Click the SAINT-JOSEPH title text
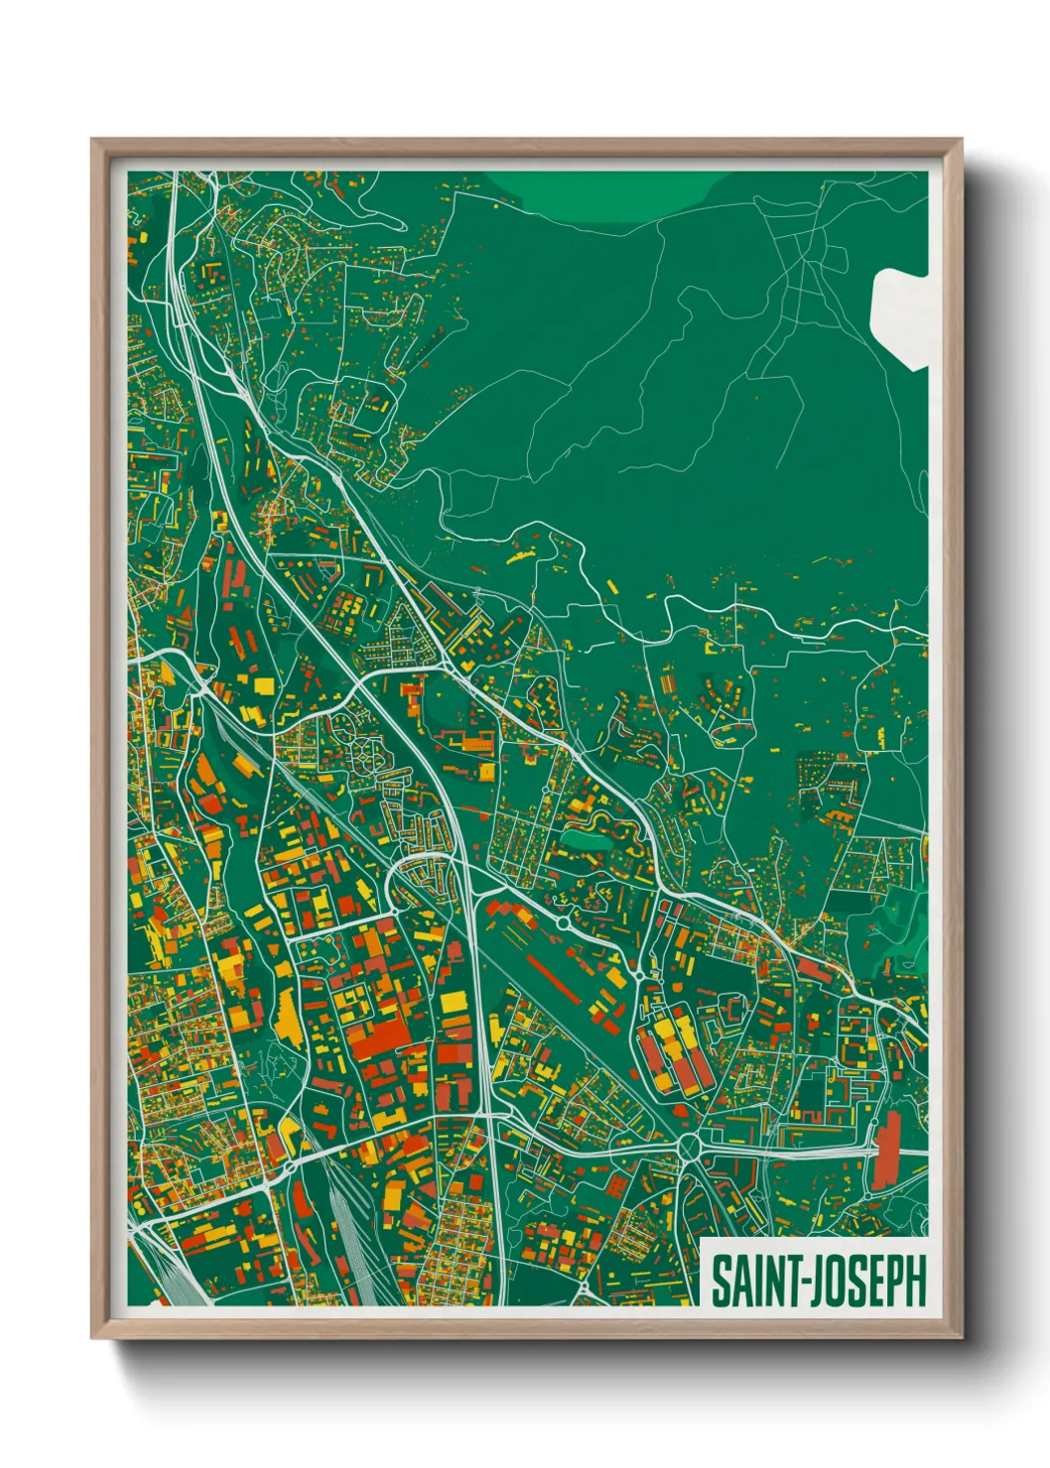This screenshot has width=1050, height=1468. [818, 1281]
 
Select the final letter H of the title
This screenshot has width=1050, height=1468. [916, 1281]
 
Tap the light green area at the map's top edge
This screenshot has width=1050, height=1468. [605, 193]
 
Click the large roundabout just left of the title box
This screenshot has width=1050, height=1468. [689, 1150]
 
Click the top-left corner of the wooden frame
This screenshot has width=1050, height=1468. [94, 143]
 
